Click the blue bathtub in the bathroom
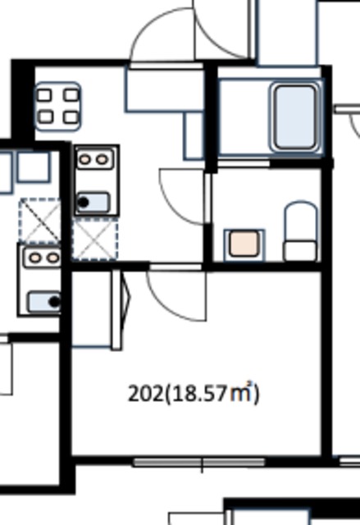point(295,116)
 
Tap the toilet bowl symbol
point(301,221)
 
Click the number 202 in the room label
point(145,394)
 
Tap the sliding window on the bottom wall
point(199,463)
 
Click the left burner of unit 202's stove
point(85,160)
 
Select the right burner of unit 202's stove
point(102,160)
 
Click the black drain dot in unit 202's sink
point(84,203)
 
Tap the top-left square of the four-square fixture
point(44,95)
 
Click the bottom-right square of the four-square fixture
point(71,117)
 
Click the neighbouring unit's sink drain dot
point(55,302)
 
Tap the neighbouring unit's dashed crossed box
point(40,221)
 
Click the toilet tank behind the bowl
point(300,250)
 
